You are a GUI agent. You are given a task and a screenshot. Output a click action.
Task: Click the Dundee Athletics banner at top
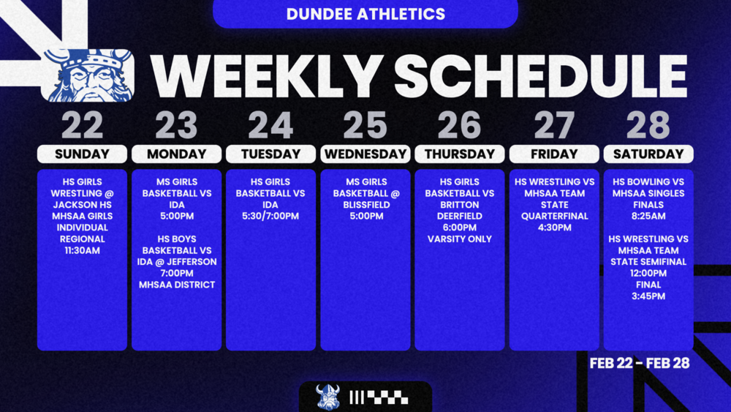365,14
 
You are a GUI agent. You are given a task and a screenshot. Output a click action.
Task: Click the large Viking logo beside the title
88,75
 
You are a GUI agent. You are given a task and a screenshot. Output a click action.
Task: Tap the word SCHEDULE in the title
541,75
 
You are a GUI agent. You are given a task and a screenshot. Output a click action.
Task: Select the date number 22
82,126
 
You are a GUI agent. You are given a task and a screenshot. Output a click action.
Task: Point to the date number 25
365,126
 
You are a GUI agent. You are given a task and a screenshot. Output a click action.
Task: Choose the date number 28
648,126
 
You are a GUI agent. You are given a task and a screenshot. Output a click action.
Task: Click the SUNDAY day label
82,154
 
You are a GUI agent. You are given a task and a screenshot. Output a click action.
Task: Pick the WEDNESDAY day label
365,154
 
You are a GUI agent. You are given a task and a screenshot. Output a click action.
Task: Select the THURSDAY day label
460,154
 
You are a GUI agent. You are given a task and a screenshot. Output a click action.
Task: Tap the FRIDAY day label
554,154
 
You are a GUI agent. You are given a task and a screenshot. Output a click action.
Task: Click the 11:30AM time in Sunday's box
82,250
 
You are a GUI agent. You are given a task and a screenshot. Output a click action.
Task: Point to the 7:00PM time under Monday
176,273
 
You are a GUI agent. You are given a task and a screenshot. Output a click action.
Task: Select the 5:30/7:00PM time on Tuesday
270,216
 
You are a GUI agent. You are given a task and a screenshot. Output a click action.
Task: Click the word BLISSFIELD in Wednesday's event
365,205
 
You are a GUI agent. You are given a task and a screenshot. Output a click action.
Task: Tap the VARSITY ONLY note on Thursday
460,239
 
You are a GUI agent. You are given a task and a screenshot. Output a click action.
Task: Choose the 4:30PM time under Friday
554,228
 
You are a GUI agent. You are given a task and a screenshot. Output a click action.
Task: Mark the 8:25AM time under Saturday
648,216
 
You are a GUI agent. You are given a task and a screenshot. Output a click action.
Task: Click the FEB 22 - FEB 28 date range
640,363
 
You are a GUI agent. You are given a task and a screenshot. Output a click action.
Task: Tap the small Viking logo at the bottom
327,397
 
